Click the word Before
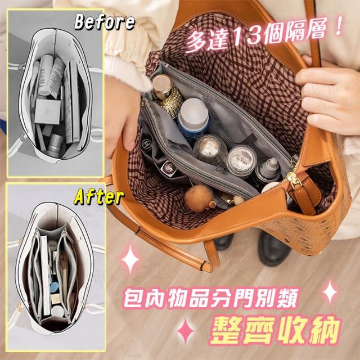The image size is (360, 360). pyautogui.click(x=105, y=22)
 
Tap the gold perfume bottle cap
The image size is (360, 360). pyautogui.click(x=162, y=84)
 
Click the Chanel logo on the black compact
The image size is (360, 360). pyautogui.click(x=146, y=144)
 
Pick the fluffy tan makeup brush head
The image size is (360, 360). pyautogui.click(x=199, y=198)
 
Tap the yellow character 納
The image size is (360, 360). pyautogui.click(x=324, y=330)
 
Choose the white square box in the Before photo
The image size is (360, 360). pyautogui.click(x=47, y=111)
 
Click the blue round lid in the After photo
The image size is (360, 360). pyautogui.click(x=55, y=287)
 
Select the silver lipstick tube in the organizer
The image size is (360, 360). pyautogui.click(x=169, y=169)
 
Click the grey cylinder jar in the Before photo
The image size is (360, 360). pyautogui.click(x=55, y=146)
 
